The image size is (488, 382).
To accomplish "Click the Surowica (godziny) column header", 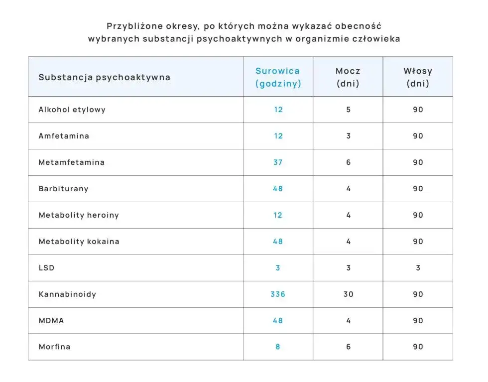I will tap(278, 77).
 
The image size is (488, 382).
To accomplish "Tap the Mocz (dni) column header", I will tap(348, 77).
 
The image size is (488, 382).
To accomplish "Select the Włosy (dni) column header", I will tap(418, 77).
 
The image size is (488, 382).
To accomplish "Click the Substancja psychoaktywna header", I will tap(105, 77).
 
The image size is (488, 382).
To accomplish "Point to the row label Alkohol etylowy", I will tap(72, 110).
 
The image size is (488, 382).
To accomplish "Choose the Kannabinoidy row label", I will tap(68, 294).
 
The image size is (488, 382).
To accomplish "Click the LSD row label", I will tap(47, 268).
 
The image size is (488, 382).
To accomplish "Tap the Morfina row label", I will tap(55, 347).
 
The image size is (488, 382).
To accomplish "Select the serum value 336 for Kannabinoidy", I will tap(278, 294).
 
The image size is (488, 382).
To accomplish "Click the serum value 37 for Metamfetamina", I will tap(278, 162).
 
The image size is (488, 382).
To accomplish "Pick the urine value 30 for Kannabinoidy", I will tap(348, 294).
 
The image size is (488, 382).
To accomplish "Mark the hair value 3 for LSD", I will tap(418, 268).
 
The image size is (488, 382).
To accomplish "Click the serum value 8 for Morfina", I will tap(278, 347).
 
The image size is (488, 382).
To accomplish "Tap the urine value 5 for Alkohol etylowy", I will tap(348, 110).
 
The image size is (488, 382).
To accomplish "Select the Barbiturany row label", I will tap(64, 189).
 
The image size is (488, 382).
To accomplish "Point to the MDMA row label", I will tap(51, 321).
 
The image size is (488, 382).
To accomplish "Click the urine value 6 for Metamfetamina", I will tap(348, 162).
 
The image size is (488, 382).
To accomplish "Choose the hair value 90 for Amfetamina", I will tap(418, 136).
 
